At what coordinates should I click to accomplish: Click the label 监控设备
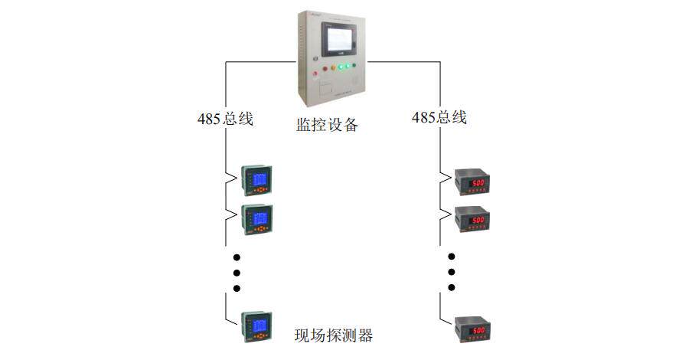[x=328, y=124]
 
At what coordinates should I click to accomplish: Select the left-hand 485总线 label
[x=225, y=119]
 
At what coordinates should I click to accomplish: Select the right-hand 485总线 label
[x=439, y=118]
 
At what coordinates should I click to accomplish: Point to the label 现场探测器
[x=334, y=335]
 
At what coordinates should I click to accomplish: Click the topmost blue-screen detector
[x=258, y=181]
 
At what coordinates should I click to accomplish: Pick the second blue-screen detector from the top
[x=258, y=218]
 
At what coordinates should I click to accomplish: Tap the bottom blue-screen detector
[x=258, y=325]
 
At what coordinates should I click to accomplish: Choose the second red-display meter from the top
[x=472, y=219]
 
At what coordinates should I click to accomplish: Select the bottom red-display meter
[x=472, y=329]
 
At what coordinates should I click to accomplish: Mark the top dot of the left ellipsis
[x=237, y=257]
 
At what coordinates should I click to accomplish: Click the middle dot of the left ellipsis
[x=237, y=273]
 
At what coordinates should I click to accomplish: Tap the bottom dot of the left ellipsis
[x=237, y=289]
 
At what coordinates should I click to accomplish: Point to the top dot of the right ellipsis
[x=452, y=257]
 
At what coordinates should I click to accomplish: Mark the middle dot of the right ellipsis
[x=452, y=273]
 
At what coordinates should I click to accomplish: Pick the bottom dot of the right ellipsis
[x=452, y=289]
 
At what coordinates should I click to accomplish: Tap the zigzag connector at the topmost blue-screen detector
[x=230, y=180]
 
